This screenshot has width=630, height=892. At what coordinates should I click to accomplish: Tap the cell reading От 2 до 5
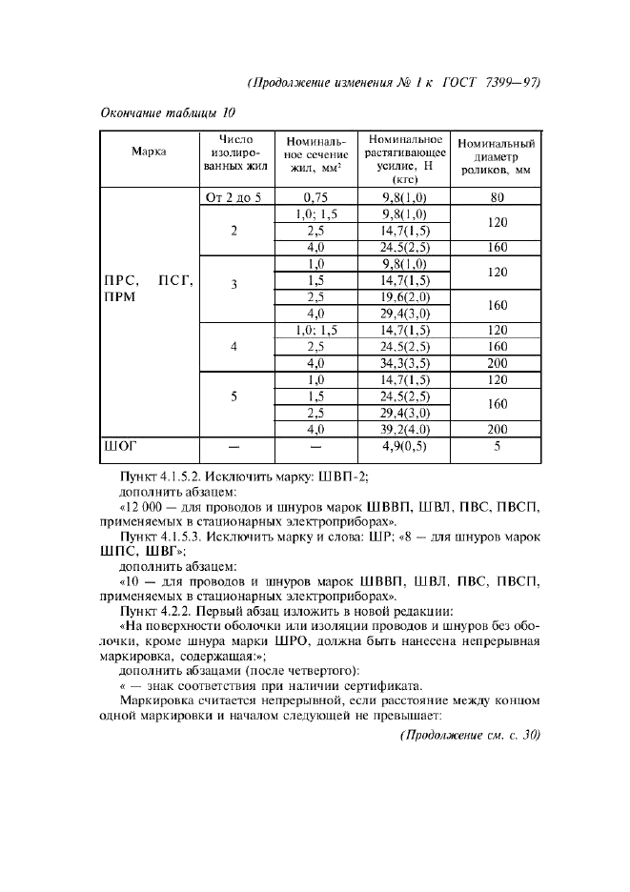[x=234, y=198]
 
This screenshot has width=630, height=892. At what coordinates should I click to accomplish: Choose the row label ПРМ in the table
[x=121, y=296]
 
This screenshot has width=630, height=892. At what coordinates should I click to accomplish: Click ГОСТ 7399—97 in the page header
[x=493, y=82]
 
